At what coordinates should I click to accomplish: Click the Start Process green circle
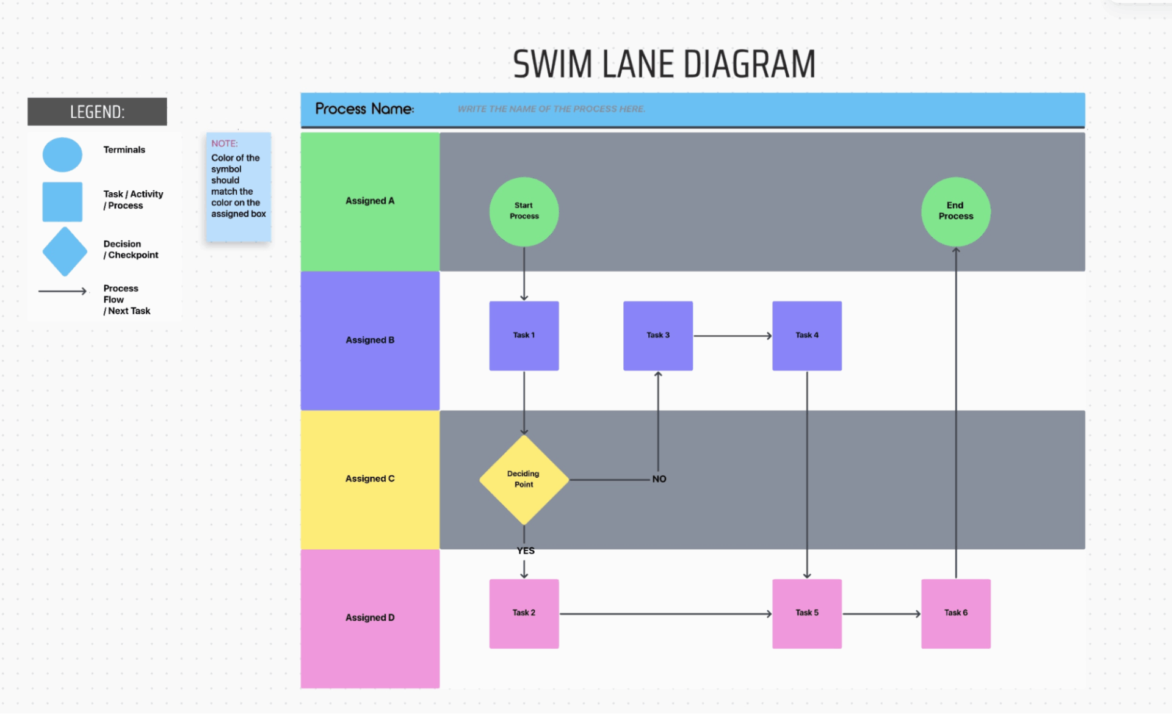(x=524, y=212)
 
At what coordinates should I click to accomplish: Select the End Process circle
(x=955, y=212)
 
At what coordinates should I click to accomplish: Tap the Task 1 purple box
(x=524, y=336)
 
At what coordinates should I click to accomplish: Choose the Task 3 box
(x=657, y=336)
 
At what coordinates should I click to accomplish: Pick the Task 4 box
(x=806, y=336)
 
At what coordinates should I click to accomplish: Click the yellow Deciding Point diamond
(x=524, y=480)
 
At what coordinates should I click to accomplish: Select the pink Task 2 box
(x=524, y=613)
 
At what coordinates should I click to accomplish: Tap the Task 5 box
(x=806, y=613)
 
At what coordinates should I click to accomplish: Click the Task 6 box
(x=955, y=613)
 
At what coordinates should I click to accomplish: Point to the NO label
(x=659, y=479)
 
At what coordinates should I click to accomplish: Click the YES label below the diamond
(x=525, y=550)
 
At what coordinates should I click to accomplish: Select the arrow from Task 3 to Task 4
(x=733, y=336)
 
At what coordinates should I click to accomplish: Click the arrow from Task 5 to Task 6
(x=881, y=614)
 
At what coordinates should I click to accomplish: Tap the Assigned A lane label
(x=370, y=201)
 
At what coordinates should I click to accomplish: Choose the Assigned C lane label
(x=370, y=478)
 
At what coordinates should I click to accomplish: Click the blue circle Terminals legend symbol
(x=62, y=154)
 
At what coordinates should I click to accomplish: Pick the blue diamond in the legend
(x=64, y=251)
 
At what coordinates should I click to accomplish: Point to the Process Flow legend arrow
(x=62, y=291)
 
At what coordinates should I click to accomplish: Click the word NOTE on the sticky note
(x=224, y=143)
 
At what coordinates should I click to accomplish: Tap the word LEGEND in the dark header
(x=97, y=112)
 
